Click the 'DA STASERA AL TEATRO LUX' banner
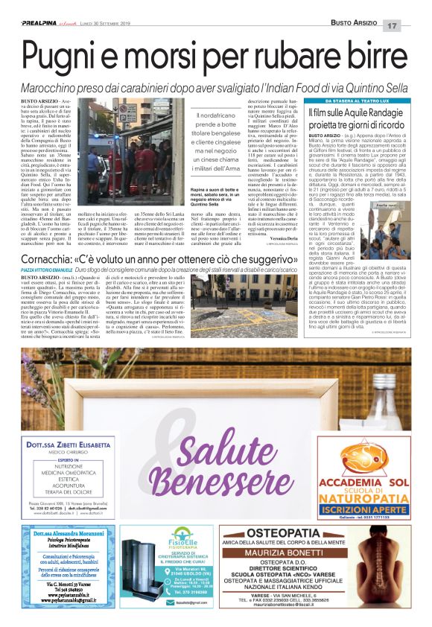[x=357, y=101]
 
